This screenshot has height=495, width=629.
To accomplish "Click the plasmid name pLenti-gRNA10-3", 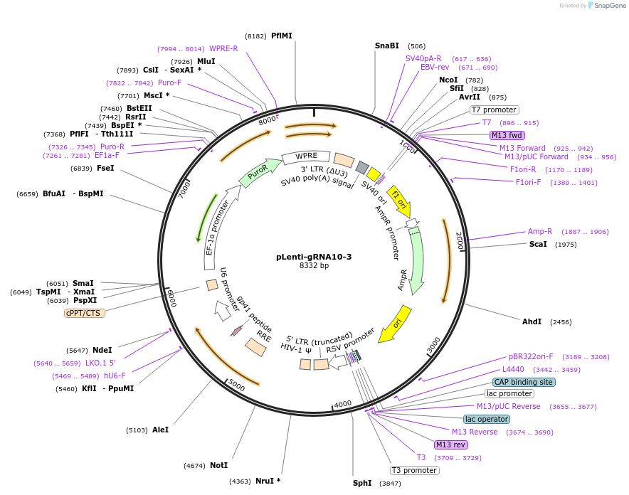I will [x=314, y=257].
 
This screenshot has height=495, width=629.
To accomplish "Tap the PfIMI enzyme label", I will [x=282, y=36].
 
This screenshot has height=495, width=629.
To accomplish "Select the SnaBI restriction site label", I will [x=387, y=46].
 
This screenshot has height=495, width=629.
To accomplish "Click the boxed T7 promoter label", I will [x=495, y=110].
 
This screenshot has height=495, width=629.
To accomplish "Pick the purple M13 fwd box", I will [x=507, y=135].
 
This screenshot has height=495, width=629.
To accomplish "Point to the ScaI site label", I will [x=538, y=244].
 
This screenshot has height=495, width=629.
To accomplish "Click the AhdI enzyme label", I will [x=532, y=321].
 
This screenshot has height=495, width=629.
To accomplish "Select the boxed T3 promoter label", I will [x=414, y=470].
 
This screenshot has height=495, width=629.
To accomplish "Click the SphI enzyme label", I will [x=362, y=483].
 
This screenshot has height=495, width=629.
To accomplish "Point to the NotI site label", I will [x=218, y=465].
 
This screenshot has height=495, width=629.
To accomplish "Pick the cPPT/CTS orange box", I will [x=85, y=313].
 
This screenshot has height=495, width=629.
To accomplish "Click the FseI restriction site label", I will [x=105, y=169].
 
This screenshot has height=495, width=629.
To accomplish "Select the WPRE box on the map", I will [x=307, y=156].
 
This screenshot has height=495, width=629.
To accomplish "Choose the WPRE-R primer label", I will [x=223, y=48].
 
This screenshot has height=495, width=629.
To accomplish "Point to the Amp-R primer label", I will [x=539, y=231].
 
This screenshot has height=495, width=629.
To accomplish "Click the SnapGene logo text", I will [x=607, y=6].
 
